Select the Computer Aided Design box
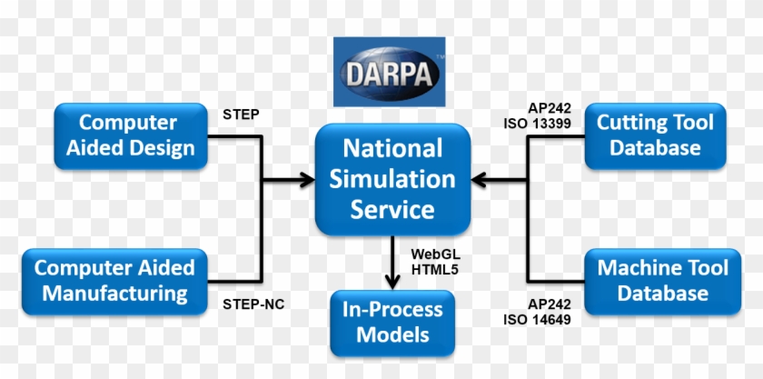pyautogui.click(x=130, y=135)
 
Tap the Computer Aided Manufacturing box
pyautogui.click(x=114, y=281)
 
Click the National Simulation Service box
pyautogui.click(x=393, y=179)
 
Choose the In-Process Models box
pyautogui.click(x=392, y=322)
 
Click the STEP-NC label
pyautogui.click(x=253, y=304)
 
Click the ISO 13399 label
pyautogui.click(x=537, y=123)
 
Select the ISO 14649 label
pyautogui.click(x=537, y=319)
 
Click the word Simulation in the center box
pyautogui.click(x=393, y=179)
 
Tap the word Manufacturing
pyautogui.click(x=114, y=294)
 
